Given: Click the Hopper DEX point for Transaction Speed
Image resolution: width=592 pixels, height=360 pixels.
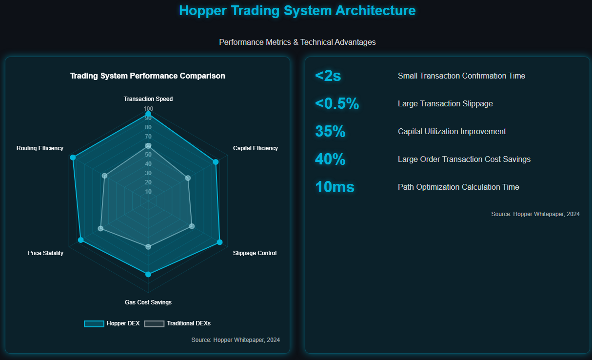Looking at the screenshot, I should [148, 114].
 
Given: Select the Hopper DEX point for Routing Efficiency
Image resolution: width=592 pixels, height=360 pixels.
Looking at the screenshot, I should [73, 157].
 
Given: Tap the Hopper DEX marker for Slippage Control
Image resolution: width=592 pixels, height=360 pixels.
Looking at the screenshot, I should [219, 242].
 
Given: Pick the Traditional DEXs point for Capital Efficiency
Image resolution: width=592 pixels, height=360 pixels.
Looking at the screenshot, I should [188, 178].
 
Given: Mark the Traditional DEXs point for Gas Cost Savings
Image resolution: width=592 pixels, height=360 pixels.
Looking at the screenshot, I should [148, 247].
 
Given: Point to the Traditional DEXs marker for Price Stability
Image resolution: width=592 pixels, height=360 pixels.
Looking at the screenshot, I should [101, 228].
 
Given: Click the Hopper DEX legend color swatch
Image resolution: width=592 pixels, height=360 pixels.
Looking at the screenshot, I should [94, 323].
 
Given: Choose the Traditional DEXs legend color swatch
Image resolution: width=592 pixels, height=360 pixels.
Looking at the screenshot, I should [154, 323].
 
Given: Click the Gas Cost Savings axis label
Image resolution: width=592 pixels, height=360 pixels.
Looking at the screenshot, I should [148, 302].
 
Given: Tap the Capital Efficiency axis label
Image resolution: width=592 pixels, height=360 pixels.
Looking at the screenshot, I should [255, 148].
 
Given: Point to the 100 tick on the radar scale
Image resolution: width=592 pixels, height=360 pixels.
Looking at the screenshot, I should [148, 109].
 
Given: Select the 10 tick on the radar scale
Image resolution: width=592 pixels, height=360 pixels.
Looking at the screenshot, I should [148, 192].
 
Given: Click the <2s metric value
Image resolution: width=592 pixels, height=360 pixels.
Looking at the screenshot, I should [328, 76].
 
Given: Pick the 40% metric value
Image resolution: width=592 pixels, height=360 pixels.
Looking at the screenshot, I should [330, 160].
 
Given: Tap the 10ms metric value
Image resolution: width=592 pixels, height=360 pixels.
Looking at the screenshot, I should [335, 187].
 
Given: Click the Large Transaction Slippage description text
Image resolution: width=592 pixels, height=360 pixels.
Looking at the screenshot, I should [445, 104].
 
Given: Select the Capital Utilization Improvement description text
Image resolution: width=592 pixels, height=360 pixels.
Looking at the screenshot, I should [452, 132].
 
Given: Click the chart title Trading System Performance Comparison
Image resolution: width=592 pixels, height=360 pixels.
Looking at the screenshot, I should [148, 76].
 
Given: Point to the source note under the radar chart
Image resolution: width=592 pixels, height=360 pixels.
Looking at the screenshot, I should [236, 340].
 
